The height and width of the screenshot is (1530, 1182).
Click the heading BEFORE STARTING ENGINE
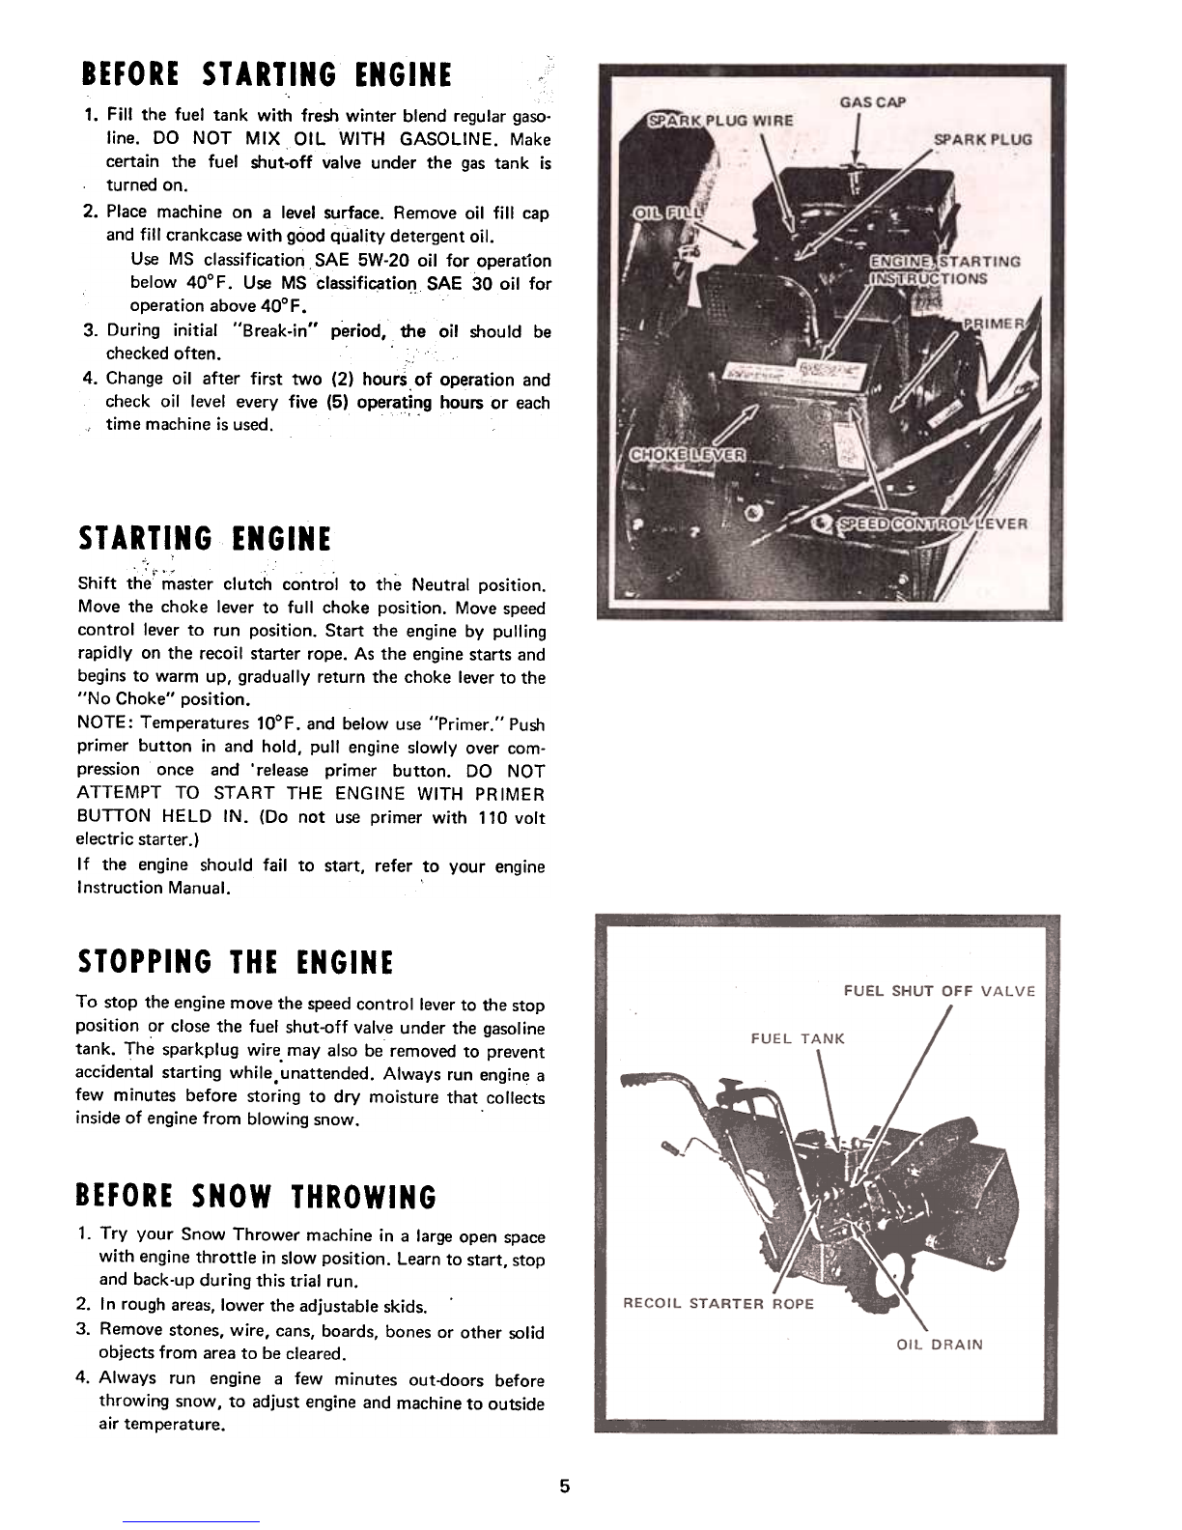point(267,73)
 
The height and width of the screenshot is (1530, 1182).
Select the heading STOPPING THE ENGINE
point(236,962)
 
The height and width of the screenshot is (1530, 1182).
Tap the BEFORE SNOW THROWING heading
point(256,1196)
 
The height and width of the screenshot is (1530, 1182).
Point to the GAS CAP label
point(874,101)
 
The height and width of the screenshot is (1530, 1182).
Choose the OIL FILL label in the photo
point(667,212)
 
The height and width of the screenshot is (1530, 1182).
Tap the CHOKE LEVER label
point(687,455)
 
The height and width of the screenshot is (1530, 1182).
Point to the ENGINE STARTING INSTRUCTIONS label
point(944,269)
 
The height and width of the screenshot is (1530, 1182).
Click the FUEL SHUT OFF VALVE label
point(939,991)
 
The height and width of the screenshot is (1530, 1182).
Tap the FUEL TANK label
point(798,1038)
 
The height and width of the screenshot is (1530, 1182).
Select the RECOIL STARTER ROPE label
point(718,1303)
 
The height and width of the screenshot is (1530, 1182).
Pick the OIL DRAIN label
point(940,1344)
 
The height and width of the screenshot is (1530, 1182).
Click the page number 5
point(566,1486)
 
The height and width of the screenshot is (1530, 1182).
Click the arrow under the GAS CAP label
point(857,145)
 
